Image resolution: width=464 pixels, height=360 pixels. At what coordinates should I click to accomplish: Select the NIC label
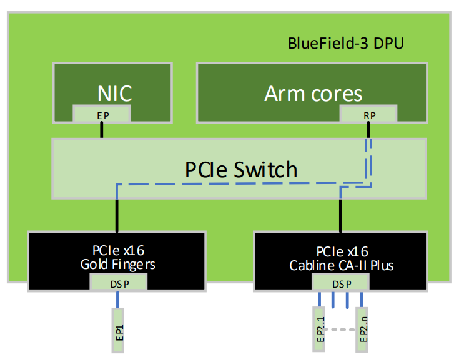pos(114,94)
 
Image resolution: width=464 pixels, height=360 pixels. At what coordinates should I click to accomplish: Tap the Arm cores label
pos(313,94)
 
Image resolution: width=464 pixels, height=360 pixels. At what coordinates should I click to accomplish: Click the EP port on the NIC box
pos(102,114)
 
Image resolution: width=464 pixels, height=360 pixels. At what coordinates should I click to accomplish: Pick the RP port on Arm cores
pos(368,114)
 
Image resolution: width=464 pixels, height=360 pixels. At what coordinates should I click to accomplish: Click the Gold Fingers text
pos(117,264)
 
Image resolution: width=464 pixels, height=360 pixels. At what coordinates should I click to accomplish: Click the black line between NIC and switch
pos(101,130)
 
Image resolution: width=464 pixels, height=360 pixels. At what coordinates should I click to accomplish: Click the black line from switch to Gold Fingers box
pos(117,216)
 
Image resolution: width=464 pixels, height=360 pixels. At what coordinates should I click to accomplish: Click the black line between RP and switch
pos(368,130)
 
